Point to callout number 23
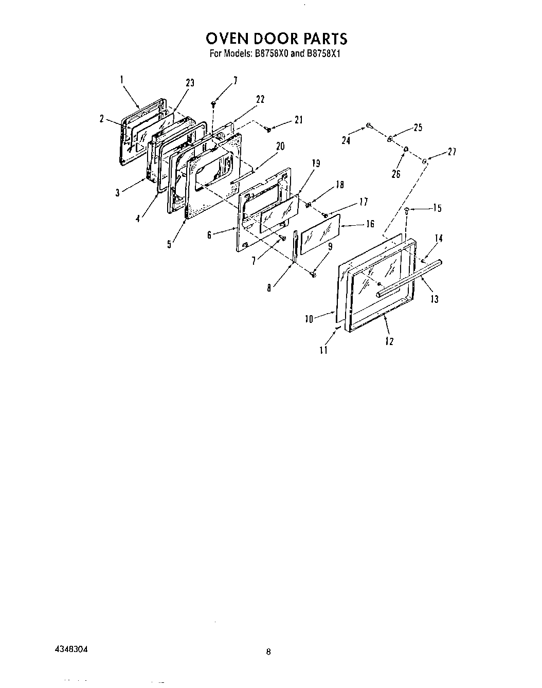tap(190, 83)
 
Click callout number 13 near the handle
tap(435, 298)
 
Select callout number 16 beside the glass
tap(370, 225)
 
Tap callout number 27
tap(451, 152)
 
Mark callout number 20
tap(280, 147)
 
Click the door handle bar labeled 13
tap(409, 278)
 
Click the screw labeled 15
tap(407, 210)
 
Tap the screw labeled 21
tap(268, 130)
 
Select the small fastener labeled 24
tap(369, 124)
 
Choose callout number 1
tap(122, 79)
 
